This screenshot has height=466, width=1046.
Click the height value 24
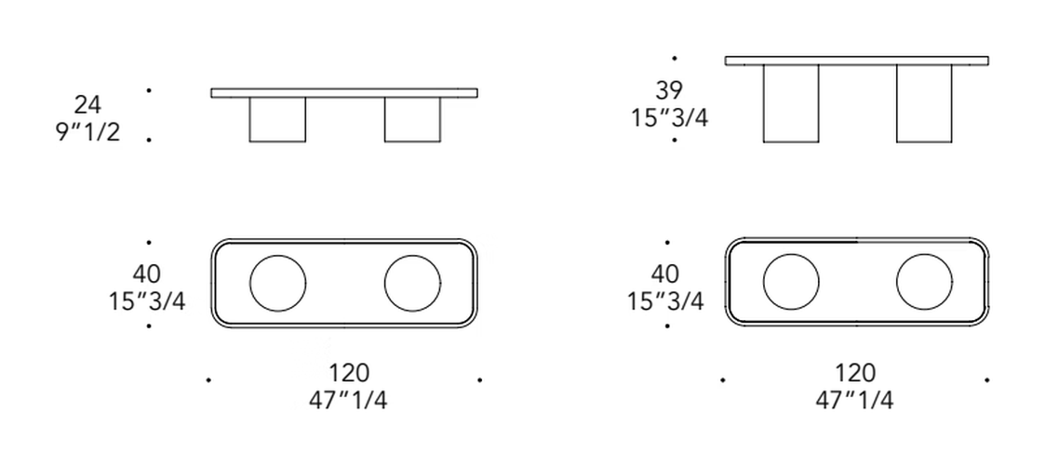pos(87,105)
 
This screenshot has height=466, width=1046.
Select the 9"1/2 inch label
pos(87,132)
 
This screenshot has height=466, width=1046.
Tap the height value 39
pos(669,90)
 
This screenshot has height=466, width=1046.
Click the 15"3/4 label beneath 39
pos(669,117)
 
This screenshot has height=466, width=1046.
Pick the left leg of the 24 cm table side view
pos(277,120)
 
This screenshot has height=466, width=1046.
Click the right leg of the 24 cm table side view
pos(412,120)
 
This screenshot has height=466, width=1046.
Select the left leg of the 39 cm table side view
pos(791,104)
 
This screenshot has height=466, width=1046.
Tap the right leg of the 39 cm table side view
pos(925,104)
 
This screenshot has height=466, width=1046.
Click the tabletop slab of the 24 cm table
pos(344,93)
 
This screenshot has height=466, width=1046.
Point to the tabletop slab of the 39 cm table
pos(857,60)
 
